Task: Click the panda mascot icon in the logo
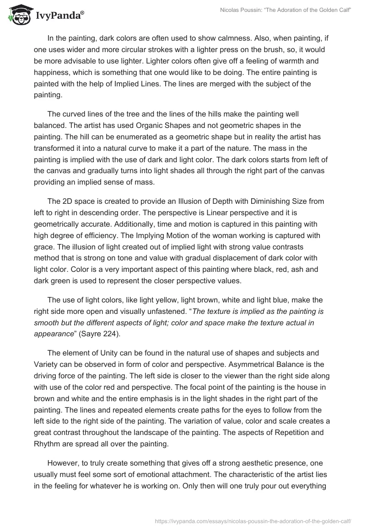[x=17, y=16]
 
